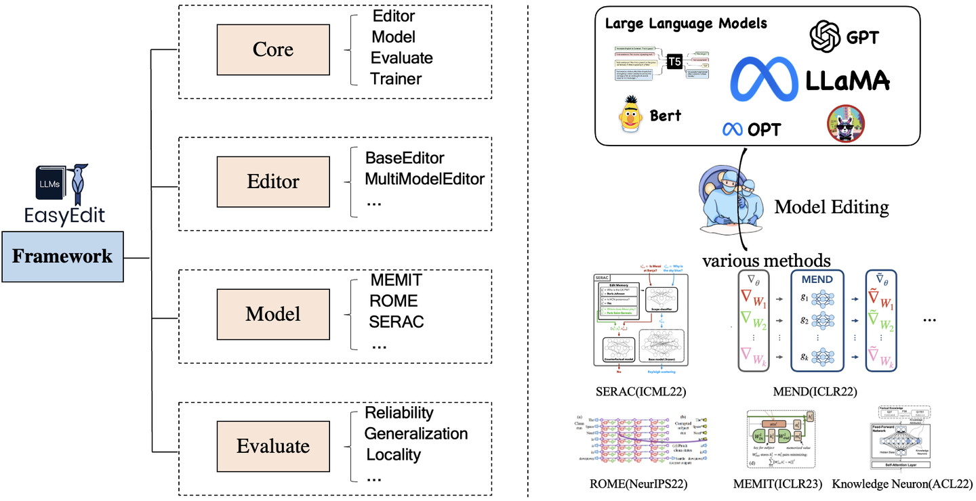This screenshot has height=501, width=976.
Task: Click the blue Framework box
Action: pyautogui.click(x=62, y=257)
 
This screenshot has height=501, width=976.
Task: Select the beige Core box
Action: pyautogui.click(x=272, y=49)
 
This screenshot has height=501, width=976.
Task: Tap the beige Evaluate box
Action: pyautogui.click(x=272, y=446)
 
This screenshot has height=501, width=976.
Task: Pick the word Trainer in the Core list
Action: pyautogui.click(x=396, y=79)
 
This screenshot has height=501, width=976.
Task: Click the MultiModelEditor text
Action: pyautogui.click(x=424, y=179)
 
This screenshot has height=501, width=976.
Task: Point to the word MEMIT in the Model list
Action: pyautogui.click(x=396, y=280)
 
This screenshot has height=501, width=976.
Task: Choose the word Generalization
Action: pyautogui.click(x=415, y=434)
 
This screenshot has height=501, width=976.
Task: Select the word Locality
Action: pyautogui.click(x=393, y=455)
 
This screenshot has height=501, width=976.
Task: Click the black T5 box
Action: pyautogui.click(x=674, y=62)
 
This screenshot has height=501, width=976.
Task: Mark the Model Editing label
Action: pyautogui.click(x=831, y=206)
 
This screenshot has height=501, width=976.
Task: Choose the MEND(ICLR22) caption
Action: pyautogui.click(x=815, y=391)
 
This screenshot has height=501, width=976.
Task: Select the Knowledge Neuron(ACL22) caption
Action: pyautogui.click(x=901, y=484)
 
